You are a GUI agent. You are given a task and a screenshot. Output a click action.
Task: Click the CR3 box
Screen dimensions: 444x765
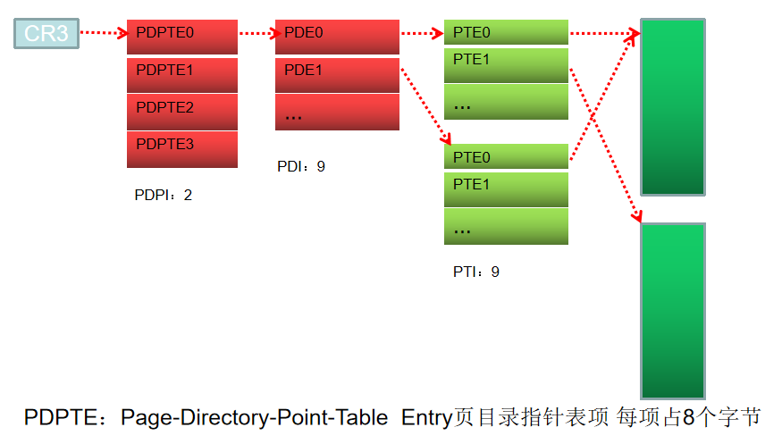pos(46,34)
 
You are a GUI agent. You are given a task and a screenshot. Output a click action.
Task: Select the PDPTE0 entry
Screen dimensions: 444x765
pos(182,37)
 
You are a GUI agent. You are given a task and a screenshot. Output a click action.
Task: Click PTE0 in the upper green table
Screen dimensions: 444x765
pos(506,33)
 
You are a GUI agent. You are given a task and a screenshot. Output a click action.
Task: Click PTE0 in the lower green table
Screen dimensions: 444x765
pos(506,157)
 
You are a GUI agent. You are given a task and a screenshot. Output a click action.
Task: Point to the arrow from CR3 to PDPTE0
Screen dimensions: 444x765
pos(104,34)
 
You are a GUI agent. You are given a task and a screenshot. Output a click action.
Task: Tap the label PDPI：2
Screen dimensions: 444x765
pos(163,195)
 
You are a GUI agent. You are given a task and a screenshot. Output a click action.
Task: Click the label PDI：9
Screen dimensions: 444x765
pos(301,166)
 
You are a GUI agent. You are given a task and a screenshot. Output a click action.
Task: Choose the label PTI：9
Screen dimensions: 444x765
pos(475,272)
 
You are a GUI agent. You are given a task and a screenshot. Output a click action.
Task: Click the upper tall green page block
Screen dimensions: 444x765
pos(673,106)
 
